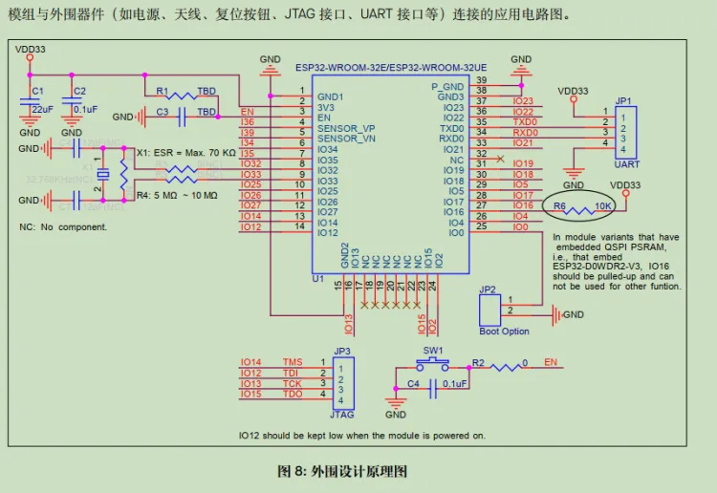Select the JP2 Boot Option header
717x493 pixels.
pyautogui.click(x=489, y=309)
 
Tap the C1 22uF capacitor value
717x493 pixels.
pyautogui.click(x=43, y=110)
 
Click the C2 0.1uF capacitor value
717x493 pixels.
pyautogui.click(x=85, y=110)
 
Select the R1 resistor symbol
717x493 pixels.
pyautogui.click(x=178, y=94)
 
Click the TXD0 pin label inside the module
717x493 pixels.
pyautogui.click(x=451, y=128)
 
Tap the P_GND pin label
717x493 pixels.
pyautogui.click(x=446, y=87)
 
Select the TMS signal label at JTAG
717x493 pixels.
pyautogui.click(x=292, y=363)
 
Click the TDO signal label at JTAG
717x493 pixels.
pyautogui.click(x=292, y=395)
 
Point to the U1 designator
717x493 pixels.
pyautogui.click(x=318, y=279)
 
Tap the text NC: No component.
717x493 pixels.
pyautogui.click(x=63, y=227)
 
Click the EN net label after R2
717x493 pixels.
pyautogui.click(x=551, y=363)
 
